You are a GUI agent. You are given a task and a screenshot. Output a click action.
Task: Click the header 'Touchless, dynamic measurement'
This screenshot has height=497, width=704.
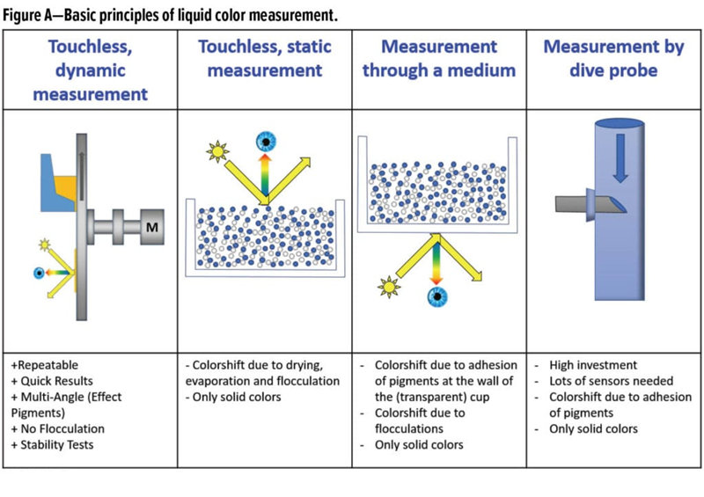coord(91,69)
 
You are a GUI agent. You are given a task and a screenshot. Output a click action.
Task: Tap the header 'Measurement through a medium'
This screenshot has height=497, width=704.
coord(441,58)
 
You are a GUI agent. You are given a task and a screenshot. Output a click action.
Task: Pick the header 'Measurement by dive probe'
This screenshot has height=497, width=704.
coord(613,58)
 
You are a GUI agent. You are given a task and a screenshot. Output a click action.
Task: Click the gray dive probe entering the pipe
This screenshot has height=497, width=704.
coord(584,205)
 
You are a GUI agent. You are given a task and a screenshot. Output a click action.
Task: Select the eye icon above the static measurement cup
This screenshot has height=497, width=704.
coord(264,142)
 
